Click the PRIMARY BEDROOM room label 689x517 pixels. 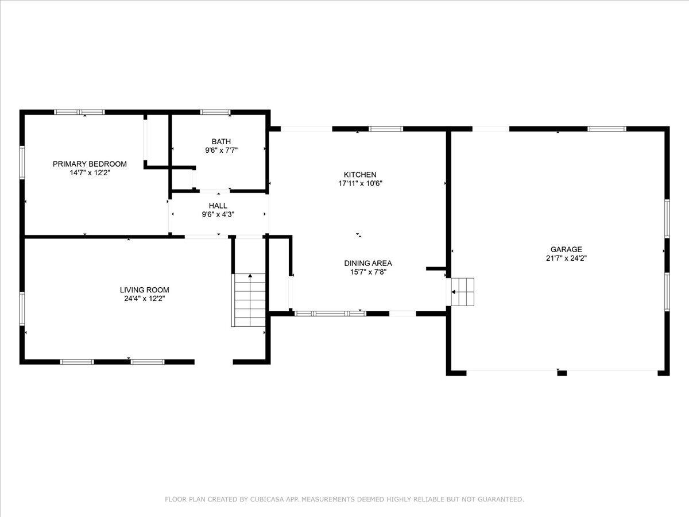[x=90, y=164]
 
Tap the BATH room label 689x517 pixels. [x=221, y=141]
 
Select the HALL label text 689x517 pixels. [x=218, y=206]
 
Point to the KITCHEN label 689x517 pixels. [x=360, y=175]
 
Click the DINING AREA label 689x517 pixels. [x=368, y=263]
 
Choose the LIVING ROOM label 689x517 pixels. [x=144, y=290]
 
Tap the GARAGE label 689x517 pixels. [x=566, y=249]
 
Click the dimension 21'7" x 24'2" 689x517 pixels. [x=566, y=258]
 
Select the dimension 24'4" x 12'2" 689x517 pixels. [x=144, y=299]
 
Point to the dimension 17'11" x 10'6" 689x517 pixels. [x=360, y=183]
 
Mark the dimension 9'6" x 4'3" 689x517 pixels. [x=218, y=214]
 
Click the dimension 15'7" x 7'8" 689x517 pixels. [x=368, y=272]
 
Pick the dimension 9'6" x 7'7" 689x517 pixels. [x=221, y=151]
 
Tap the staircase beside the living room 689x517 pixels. [x=250, y=300]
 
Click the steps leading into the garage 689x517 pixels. [x=462, y=292]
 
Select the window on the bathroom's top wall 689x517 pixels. [x=215, y=112]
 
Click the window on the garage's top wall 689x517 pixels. [x=607, y=129]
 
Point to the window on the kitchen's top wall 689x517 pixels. [x=385, y=129]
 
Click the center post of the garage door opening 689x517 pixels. [x=562, y=373]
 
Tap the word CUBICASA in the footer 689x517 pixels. [x=265, y=499]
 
